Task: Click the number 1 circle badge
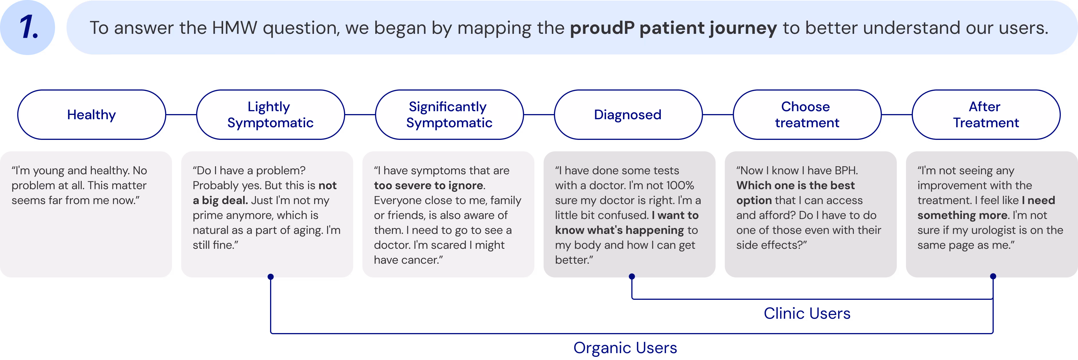click(28, 28)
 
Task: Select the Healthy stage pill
click(92, 114)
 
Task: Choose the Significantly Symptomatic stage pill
click(449, 114)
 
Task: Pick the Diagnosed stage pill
click(628, 114)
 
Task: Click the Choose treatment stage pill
click(807, 114)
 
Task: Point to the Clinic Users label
click(807, 313)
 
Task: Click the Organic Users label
click(625, 347)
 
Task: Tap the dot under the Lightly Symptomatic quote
click(271, 276)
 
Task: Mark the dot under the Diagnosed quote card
click(632, 276)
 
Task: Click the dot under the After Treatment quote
click(993, 276)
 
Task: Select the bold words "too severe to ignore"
click(429, 185)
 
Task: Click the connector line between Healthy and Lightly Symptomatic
click(181, 114)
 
